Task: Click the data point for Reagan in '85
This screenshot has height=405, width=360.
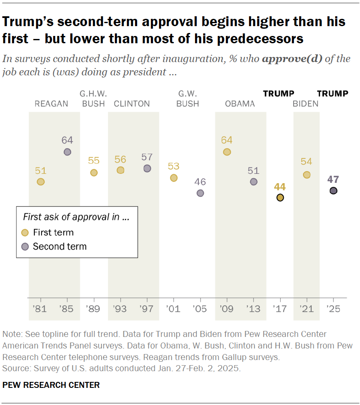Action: (67, 152)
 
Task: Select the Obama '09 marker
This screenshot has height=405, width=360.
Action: (227, 152)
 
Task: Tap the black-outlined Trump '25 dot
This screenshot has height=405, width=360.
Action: (333, 191)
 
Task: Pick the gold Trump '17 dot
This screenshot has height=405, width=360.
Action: (280, 197)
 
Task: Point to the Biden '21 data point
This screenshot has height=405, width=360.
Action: (306, 175)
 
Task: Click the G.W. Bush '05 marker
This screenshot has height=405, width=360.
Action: (200, 193)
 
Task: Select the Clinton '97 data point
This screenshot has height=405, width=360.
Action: (147, 168)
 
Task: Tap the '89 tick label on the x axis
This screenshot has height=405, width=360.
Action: (94, 309)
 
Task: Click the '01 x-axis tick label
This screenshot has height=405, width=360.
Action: (174, 309)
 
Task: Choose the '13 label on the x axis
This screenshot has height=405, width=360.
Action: (253, 309)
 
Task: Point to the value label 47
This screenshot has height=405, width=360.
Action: (333, 179)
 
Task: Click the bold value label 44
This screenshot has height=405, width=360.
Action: (280, 187)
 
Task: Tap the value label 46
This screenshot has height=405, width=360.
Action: (200, 182)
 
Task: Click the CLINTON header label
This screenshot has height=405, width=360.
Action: (132, 104)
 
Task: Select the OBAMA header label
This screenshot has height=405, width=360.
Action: (240, 104)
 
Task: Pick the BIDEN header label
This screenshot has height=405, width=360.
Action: (306, 104)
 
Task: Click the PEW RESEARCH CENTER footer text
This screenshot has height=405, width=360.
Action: (51, 385)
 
